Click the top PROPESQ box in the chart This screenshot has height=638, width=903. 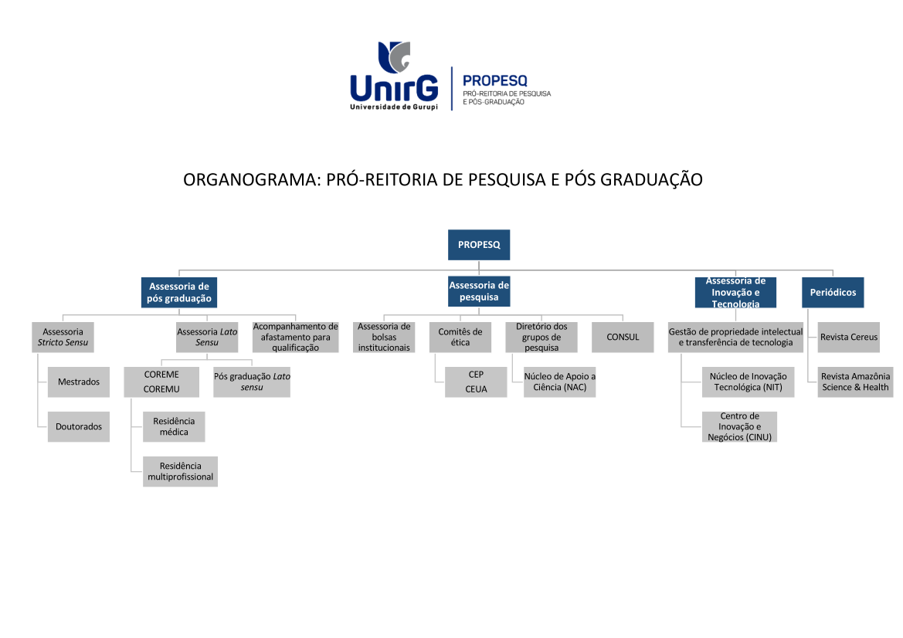(479, 245)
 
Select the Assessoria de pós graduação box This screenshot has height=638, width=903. (179, 293)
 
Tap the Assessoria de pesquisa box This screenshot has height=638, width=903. (479, 291)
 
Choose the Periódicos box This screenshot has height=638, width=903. (833, 293)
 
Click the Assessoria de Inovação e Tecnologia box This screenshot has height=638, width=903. (735, 293)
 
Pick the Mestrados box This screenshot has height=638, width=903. (78, 382)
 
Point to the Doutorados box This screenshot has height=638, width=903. (78, 426)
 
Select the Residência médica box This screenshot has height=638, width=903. (174, 426)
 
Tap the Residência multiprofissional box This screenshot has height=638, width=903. (180, 472)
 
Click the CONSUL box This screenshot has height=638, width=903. (623, 338)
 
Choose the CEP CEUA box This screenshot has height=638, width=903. (476, 382)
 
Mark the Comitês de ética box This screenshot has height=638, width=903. (460, 338)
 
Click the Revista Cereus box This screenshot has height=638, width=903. (849, 338)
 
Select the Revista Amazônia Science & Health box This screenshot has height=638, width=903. (855, 382)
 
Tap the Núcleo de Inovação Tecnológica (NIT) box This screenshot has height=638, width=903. (748, 382)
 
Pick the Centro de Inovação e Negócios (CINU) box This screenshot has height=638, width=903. (739, 426)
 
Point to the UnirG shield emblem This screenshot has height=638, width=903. (394, 56)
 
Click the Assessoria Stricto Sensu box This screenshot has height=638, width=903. (63, 338)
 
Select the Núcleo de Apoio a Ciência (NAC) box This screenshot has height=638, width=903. (560, 382)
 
